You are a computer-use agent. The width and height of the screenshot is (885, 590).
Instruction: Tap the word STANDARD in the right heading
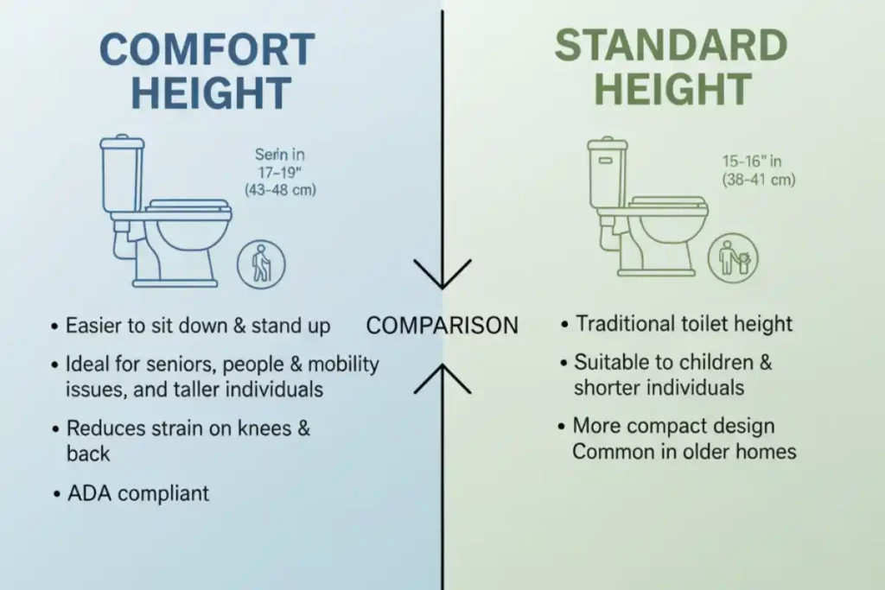[671, 46]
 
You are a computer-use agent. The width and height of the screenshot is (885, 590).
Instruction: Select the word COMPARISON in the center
[442, 325]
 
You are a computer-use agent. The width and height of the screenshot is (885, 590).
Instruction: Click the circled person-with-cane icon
[261, 265]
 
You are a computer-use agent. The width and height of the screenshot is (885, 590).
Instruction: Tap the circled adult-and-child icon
[739, 257]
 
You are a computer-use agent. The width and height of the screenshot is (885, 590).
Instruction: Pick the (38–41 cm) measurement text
[759, 180]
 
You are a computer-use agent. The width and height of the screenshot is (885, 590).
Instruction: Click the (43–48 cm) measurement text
[281, 189]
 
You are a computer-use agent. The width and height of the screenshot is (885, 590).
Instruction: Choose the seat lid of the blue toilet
[188, 206]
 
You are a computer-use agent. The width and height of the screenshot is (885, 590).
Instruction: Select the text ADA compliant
[138, 493]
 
